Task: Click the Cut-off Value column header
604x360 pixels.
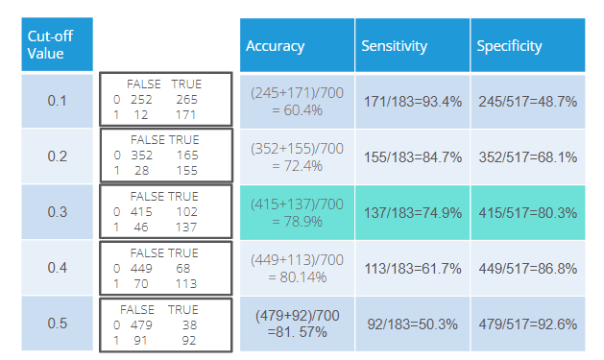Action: click(57, 44)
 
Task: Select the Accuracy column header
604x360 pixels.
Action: click(297, 45)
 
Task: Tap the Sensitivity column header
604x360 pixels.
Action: click(412, 45)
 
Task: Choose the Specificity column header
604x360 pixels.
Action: click(528, 45)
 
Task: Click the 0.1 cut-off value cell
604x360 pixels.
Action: click(57, 101)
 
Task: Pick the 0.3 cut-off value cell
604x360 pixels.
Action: click(57, 212)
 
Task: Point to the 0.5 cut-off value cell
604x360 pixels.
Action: click(57, 323)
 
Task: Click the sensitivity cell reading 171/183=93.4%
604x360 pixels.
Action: click(412, 102)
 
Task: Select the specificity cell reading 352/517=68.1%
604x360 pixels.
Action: click(528, 157)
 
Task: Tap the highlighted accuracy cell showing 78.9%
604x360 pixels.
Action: click(297, 212)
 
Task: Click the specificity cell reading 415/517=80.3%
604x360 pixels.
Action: click(528, 212)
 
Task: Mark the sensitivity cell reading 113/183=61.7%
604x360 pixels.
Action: click(412, 269)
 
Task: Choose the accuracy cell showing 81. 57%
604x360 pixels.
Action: click(297, 324)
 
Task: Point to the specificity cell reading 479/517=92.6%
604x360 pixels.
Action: click(528, 324)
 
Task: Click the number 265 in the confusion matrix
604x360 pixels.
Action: click(187, 100)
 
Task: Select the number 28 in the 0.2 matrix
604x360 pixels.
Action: click(142, 171)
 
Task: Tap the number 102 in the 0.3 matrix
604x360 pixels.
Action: click(187, 212)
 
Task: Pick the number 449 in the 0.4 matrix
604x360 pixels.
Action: click(141, 269)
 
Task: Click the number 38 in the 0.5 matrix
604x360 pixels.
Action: click(189, 325)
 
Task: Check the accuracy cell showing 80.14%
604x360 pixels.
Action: click(297, 269)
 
